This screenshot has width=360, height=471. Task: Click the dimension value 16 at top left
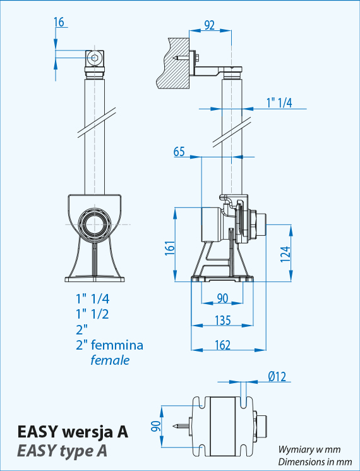pos(59,23)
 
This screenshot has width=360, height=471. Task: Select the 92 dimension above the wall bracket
pos(209,25)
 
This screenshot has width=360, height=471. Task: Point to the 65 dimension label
pos(179,151)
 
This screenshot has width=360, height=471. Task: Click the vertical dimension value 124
pos(285,254)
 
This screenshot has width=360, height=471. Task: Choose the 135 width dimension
pos(222,321)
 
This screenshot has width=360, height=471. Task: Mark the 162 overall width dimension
pos(222,345)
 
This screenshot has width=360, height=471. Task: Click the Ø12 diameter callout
pos(277,377)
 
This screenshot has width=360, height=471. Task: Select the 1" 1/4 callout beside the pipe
pos(279,103)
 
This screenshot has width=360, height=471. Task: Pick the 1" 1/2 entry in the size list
pos(92,314)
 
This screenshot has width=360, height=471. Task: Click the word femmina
pos(118,345)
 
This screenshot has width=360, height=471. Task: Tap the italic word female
pos(110,360)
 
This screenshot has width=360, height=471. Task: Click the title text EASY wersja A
pos(73,432)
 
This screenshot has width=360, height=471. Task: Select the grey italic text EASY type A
pos(62,451)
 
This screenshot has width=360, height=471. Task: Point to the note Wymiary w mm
pos(309,450)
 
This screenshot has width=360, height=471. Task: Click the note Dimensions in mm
pos(309,461)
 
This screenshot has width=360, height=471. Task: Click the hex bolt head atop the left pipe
pos(95,59)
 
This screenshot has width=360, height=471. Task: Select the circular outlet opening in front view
pos(95,224)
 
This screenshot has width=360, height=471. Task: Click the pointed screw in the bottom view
pos(182,426)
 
